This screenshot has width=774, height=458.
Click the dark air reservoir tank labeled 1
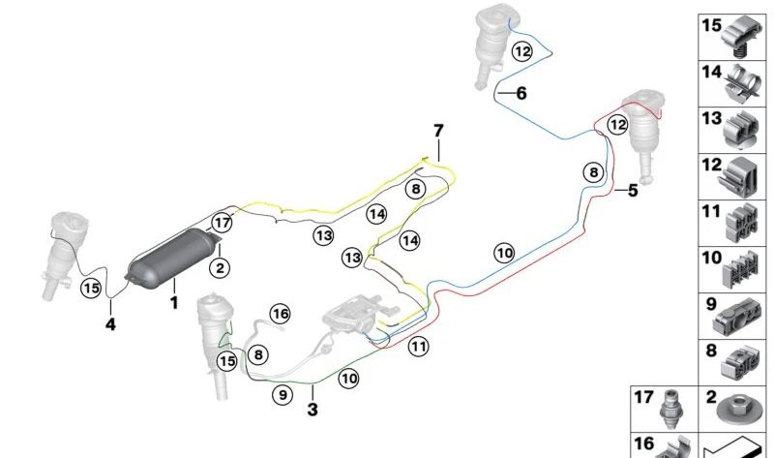[173, 256]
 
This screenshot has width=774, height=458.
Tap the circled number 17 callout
[223, 223]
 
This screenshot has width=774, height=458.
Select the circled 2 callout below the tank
[220, 268]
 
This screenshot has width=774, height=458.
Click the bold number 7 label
[438, 131]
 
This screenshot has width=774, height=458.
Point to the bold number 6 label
[521, 93]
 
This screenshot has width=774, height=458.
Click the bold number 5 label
[633, 190]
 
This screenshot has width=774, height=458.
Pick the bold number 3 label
[313, 410]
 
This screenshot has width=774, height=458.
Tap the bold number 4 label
[110, 324]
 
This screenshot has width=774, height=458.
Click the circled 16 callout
[280, 314]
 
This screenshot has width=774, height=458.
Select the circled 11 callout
[419, 347]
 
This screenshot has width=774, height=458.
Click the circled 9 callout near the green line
[283, 395]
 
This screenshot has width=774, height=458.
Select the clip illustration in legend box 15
[742, 37]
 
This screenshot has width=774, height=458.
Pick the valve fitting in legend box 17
[670, 411]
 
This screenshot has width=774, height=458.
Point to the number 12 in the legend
[711, 165]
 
